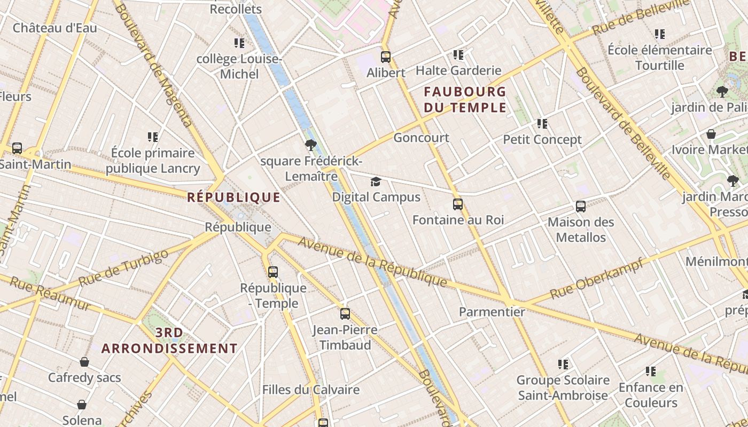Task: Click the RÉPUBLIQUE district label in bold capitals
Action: pos(233,197)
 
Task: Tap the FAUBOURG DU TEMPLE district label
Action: pos(465,99)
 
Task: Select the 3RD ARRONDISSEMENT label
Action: pos(169,341)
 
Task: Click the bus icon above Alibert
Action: pos(386,57)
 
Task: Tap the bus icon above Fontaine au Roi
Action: pos(458,204)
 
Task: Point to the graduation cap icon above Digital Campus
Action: pos(376,182)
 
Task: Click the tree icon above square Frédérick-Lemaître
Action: pos(310,145)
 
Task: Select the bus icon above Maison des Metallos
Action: pos(581,206)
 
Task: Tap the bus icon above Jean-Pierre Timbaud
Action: pos(345,314)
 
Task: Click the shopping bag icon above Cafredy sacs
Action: pos(84,362)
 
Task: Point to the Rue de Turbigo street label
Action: pos(123,268)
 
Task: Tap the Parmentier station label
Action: pos(492,312)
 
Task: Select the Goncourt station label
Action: pos(421,138)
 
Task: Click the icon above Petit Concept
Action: pos(542,124)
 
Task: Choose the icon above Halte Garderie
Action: pos(458,54)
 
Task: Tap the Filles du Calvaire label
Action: pos(310,390)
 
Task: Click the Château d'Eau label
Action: pos(55,28)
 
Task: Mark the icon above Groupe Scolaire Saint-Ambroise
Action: pos(563,365)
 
